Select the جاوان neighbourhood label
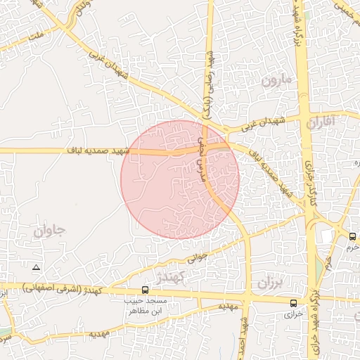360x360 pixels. pyautogui.click(x=49, y=230)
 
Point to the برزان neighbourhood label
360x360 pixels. pyautogui.click(x=267, y=283)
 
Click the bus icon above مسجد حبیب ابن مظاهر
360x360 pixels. pyautogui.click(x=145, y=290)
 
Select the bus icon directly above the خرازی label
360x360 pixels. pyautogui.click(x=293, y=303)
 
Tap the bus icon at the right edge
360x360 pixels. pyautogui.click(x=352, y=236)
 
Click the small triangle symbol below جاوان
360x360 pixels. pyautogui.click(x=37, y=268)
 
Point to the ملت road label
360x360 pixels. pyautogui.click(x=34, y=32)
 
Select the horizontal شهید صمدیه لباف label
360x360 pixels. pyautogui.click(x=98, y=150)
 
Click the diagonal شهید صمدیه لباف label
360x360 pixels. pyautogui.click(x=266, y=169)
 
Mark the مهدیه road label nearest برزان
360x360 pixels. pyautogui.click(x=227, y=307)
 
